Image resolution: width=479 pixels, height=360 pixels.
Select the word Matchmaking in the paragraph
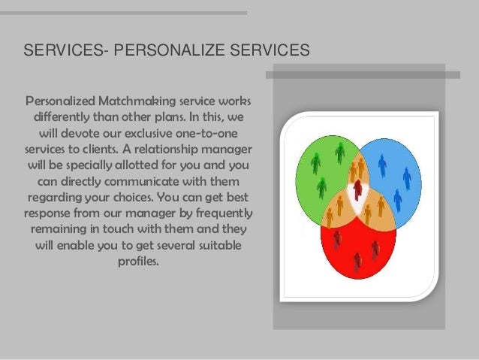coord(121,101)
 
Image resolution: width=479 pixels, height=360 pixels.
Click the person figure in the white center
coord(358,189)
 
